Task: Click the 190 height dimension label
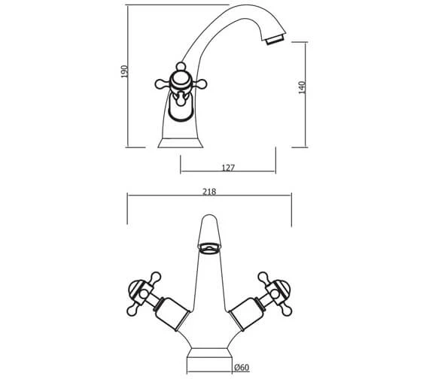(x=124, y=71)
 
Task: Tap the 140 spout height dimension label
(x=302, y=87)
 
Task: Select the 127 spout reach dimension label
(x=228, y=168)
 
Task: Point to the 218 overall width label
(x=209, y=192)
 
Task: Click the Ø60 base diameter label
(x=242, y=368)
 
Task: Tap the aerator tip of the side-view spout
(x=275, y=39)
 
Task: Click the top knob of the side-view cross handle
(x=181, y=66)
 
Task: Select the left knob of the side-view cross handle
(x=160, y=84)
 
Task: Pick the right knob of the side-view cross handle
(x=201, y=84)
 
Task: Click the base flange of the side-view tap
(x=181, y=143)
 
